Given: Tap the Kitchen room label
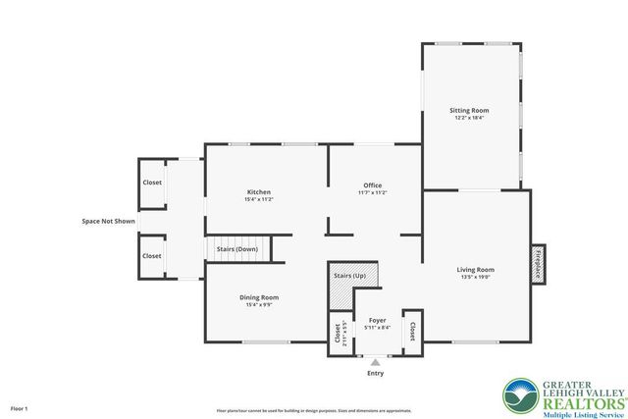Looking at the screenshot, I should [259, 191].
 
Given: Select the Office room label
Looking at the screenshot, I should [372, 185].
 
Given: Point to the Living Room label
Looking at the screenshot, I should [476, 269].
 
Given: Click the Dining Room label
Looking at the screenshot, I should [259, 297].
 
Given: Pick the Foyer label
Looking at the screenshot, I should [377, 320].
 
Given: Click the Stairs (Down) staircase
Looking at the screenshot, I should [236, 249].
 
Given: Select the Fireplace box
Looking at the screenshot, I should [538, 263].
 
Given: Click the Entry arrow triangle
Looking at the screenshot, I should [375, 362].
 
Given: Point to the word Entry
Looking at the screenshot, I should [375, 373].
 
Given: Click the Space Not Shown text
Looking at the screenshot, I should [108, 221].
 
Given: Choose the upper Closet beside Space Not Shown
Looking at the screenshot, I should [152, 183].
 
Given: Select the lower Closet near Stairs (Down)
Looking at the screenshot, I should [152, 256].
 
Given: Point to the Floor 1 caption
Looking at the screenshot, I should [20, 407].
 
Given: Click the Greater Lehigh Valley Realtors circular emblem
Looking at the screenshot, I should [519, 395].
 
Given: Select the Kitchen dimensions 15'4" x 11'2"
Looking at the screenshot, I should [259, 199].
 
